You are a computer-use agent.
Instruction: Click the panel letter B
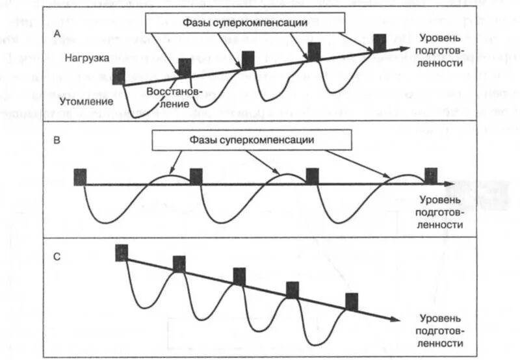pyautogui.click(x=58, y=139)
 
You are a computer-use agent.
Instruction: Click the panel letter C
pyautogui.click(x=57, y=255)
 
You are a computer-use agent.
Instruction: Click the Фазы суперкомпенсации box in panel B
pyautogui.click(x=253, y=140)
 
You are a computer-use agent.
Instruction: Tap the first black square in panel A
pyautogui.click(x=118, y=75)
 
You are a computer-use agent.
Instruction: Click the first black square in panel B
pyautogui.click(x=80, y=176)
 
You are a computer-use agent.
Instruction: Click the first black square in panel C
pyautogui.click(x=122, y=252)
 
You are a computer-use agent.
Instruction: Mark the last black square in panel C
pyautogui.click(x=352, y=302)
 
